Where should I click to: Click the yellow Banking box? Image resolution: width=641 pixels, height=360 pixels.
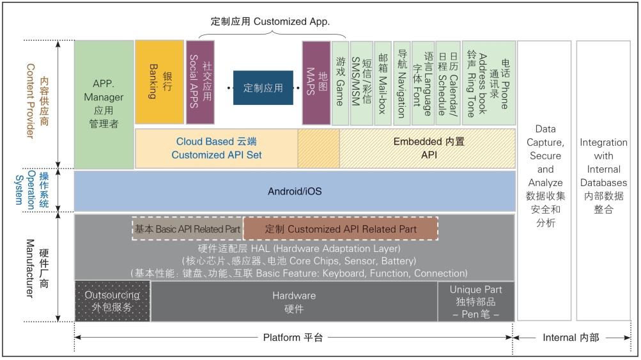click(x=159, y=82)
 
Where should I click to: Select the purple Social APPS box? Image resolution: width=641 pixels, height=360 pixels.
click(x=200, y=82)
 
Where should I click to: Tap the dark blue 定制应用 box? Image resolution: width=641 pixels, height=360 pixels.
click(x=263, y=88)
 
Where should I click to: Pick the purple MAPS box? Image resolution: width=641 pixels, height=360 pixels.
click(x=316, y=82)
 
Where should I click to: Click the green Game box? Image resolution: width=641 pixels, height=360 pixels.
click(x=341, y=82)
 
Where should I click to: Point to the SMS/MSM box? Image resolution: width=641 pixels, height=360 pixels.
click(x=362, y=82)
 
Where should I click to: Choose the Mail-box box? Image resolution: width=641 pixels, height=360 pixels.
click(x=383, y=82)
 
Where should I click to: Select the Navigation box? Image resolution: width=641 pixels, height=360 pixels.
click(x=402, y=82)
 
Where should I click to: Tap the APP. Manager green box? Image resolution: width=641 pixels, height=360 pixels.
click(x=104, y=104)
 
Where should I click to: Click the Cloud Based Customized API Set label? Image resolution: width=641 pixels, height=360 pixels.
click(x=217, y=148)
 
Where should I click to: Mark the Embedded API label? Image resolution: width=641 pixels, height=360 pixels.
click(x=429, y=148)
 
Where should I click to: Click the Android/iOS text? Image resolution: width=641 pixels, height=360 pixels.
click(x=295, y=191)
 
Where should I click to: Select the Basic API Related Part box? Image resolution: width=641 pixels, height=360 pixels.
click(x=188, y=229)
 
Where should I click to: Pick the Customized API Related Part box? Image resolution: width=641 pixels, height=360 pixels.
click(x=341, y=229)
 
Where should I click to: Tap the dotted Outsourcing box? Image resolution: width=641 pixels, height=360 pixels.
click(x=112, y=301)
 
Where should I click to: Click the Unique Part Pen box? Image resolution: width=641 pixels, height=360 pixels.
click(x=476, y=302)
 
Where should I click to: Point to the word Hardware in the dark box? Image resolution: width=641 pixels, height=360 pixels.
click(x=294, y=295)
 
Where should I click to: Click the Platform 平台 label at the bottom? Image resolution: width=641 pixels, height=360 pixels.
click(x=293, y=338)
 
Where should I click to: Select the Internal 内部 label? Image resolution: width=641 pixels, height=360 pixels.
click(x=571, y=338)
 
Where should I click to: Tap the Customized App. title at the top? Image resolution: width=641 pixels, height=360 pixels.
click(x=270, y=21)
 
